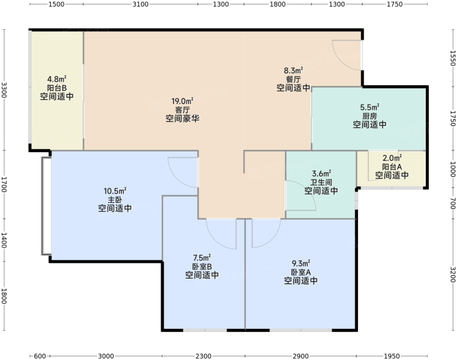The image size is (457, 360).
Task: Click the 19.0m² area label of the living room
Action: pyautogui.click(x=182, y=101)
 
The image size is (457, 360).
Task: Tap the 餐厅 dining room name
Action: pyautogui.click(x=293, y=79)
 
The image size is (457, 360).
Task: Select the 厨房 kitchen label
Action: pyautogui.click(x=370, y=116)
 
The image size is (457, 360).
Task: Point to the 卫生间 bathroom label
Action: pyautogui.click(x=321, y=183)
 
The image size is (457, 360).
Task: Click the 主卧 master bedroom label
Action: pyautogui.click(x=115, y=200)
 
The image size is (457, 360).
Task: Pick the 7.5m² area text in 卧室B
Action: pyautogui.click(x=202, y=258)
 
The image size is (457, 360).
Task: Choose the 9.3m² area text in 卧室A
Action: pyautogui.click(x=301, y=263)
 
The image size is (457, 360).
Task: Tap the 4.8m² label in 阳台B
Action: pyautogui.click(x=57, y=79)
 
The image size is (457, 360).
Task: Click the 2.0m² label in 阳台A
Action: pyautogui.click(x=392, y=158)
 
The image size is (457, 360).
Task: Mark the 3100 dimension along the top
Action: pyautogui.click(x=141, y=4)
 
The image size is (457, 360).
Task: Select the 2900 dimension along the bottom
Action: pyautogui.click(x=301, y=356)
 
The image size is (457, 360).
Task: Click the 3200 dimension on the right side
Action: pyautogui.click(x=453, y=274)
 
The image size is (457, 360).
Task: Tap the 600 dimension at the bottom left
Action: pyautogui.click(x=40, y=356)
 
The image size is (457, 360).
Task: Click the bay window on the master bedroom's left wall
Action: pyautogui.click(x=46, y=206)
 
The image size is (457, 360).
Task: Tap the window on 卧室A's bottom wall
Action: pyautogui.click(x=301, y=330)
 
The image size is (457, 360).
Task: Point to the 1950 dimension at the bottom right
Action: pyautogui.click(x=392, y=356)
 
